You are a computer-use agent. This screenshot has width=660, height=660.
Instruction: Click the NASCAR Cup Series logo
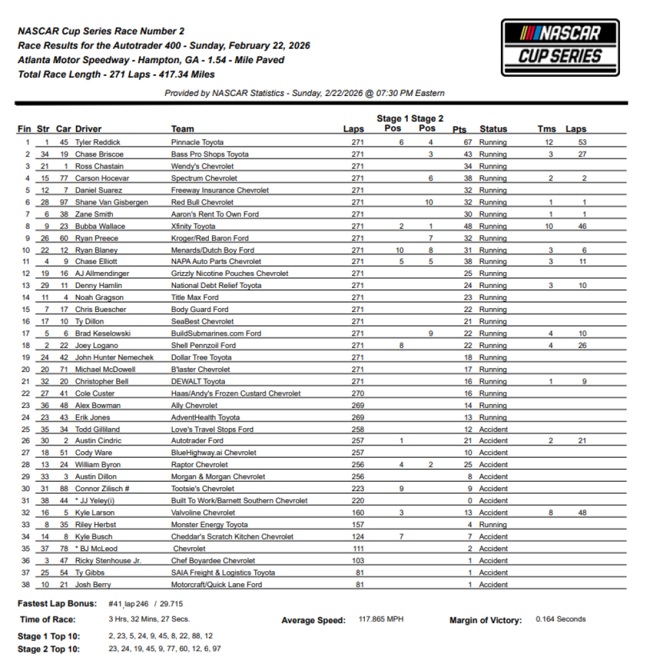559,47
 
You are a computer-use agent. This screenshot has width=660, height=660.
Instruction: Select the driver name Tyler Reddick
97,142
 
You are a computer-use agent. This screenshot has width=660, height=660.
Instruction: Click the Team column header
182,129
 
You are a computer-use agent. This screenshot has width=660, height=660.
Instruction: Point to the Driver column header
88,129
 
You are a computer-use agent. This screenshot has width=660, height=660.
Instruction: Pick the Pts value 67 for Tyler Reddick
467,142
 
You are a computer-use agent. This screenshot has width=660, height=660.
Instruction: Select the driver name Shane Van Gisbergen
112,202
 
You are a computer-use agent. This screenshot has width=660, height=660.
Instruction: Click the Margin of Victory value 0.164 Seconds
561,619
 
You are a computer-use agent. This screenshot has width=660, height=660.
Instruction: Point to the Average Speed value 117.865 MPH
381,620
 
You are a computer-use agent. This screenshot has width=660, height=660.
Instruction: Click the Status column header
493,129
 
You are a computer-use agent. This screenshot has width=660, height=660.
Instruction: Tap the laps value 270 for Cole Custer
358,393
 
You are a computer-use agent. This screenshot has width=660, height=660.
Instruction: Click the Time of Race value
148,619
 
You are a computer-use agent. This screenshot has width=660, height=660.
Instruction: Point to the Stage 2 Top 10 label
48,649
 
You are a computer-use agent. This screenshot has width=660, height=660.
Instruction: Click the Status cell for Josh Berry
493,585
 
